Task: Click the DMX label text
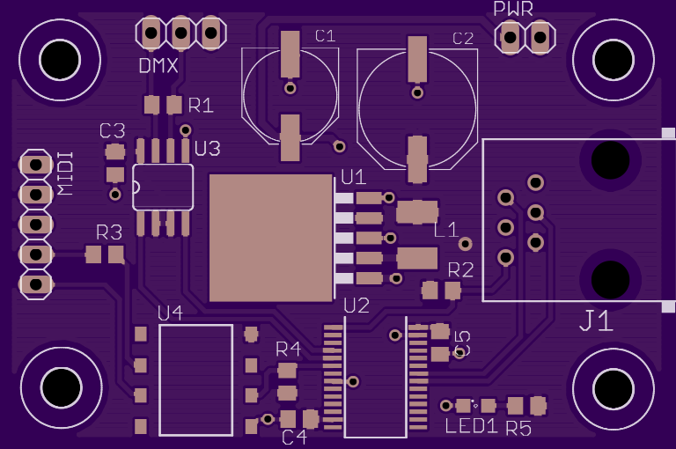(x=158, y=65)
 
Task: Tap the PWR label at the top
(x=513, y=9)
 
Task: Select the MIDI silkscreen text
(x=65, y=173)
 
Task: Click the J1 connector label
(x=596, y=320)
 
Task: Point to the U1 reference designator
(x=353, y=177)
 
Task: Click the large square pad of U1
(x=271, y=238)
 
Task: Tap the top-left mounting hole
(x=60, y=60)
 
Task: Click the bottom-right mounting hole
(x=614, y=388)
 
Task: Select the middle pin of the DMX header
(x=181, y=33)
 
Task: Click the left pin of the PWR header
(x=510, y=38)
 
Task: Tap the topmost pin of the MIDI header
(x=36, y=165)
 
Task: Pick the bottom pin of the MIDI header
(x=36, y=284)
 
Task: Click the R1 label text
(x=201, y=106)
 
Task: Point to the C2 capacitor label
(x=463, y=39)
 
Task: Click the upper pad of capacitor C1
(x=290, y=54)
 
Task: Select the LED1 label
(x=472, y=426)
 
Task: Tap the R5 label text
(x=518, y=428)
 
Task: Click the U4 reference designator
(x=170, y=313)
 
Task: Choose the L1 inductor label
(x=445, y=230)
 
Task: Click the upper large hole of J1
(x=610, y=160)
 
